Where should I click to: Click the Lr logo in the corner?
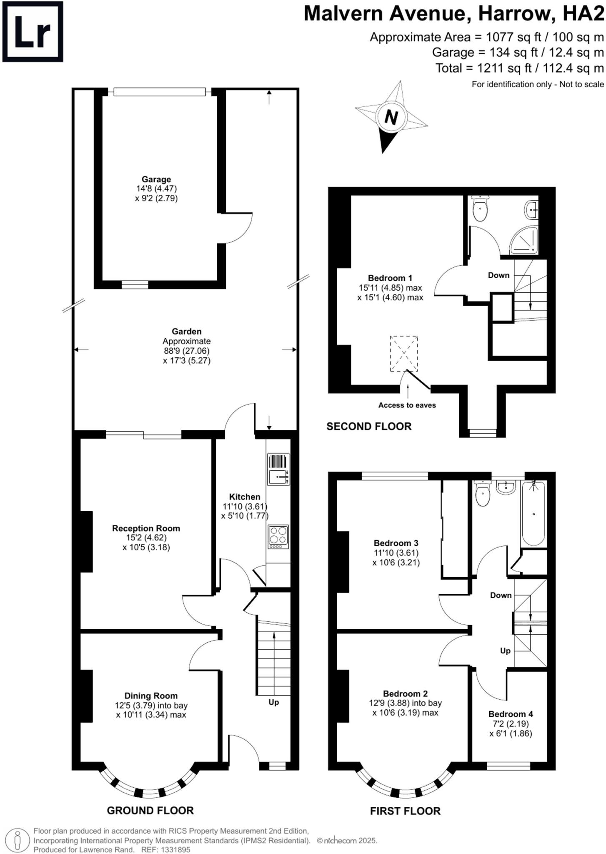pos(33,32)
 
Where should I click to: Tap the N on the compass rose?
pos(391,118)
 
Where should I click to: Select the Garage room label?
pos(156,180)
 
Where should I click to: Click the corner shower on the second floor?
pos(524,241)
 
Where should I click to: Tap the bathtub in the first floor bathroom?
pos(533,514)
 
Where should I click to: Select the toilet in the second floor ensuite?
pos(481,210)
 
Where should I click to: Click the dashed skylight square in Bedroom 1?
pos(404,353)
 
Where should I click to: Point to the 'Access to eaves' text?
pos(407,405)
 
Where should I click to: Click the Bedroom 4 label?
pos(511,714)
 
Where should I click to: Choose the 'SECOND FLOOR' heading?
pos(369,426)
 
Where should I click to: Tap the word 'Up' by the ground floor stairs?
pos(273,702)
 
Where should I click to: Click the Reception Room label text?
pos(146,528)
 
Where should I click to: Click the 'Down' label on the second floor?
pos(498,275)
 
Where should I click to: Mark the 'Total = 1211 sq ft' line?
pos(519,68)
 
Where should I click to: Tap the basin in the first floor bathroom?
pos(506,487)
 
